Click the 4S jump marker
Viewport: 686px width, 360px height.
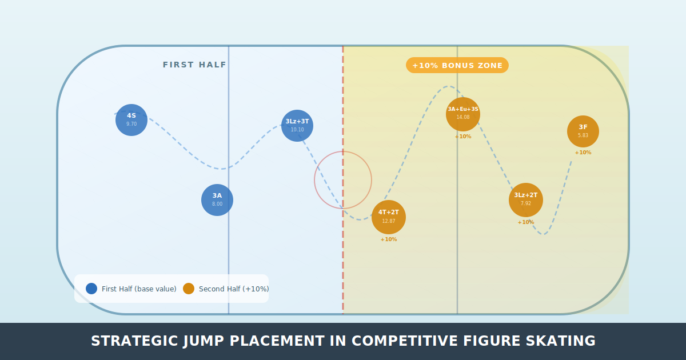(x=131, y=120)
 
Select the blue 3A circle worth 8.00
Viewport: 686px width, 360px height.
(x=217, y=200)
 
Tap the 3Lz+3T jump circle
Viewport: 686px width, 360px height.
(x=297, y=126)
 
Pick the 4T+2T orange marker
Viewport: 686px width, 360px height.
(x=389, y=217)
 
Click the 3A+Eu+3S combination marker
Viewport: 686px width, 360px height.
(x=463, y=114)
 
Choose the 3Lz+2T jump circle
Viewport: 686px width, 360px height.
(x=526, y=200)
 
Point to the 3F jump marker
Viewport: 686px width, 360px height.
(x=583, y=131)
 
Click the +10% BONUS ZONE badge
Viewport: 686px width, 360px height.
(x=457, y=65)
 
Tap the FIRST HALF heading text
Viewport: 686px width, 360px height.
(x=194, y=65)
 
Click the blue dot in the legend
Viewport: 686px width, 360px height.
(x=91, y=289)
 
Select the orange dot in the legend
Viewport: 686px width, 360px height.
(x=189, y=289)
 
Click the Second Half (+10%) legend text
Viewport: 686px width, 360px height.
(x=234, y=289)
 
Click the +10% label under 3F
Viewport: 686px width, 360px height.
(x=583, y=153)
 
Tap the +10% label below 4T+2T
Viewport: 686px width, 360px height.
(x=389, y=239)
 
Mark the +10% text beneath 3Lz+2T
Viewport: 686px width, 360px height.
(x=526, y=222)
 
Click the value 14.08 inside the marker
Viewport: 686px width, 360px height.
(x=463, y=117)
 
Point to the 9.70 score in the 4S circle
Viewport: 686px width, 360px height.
(x=131, y=124)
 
